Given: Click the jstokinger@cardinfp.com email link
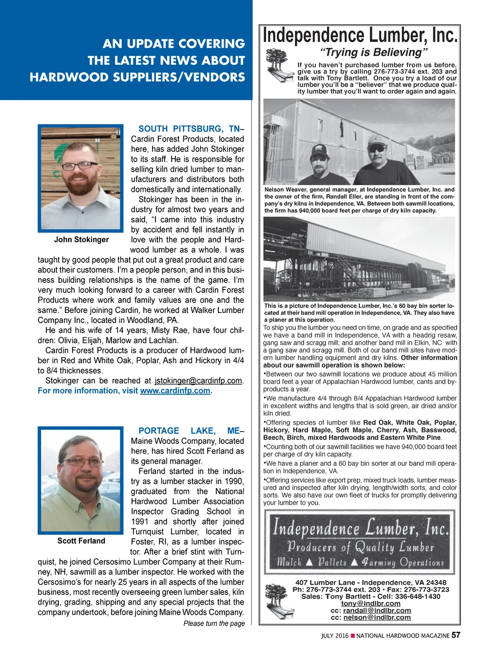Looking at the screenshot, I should [198, 381].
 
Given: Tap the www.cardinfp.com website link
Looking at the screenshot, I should [175, 391].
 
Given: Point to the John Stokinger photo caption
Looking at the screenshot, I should [81, 239].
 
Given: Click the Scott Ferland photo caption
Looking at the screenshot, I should [81, 541].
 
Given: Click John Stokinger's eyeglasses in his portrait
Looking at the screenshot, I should [80, 166].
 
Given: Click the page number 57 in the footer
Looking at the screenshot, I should [456, 635].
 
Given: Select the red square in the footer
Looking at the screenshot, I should [353, 636].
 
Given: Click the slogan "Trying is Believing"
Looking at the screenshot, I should [374, 53].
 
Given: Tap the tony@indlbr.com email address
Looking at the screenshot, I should [370, 603].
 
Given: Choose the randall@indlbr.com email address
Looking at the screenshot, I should [377, 610].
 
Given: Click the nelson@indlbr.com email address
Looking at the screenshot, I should [377, 617].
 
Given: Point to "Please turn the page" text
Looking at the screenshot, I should [214, 623].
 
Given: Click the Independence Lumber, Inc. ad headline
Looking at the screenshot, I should [360, 36].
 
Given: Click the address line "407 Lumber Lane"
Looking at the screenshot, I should [370, 583].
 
